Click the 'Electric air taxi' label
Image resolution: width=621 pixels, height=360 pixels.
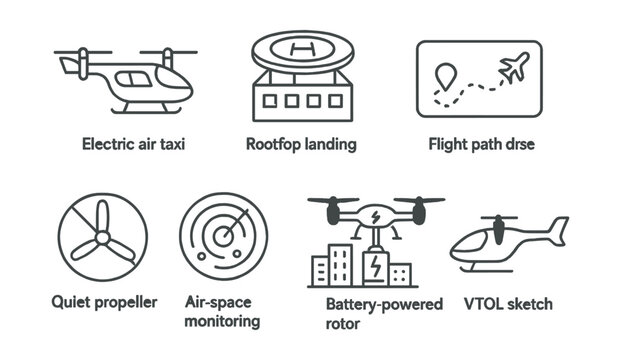click(x=134, y=144)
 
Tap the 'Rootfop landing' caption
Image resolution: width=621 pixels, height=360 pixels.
click(x=301, y=144)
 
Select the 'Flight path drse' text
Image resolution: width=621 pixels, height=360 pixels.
click(x=481, y=144)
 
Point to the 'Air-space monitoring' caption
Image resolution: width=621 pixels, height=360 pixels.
click(x=223, y=311)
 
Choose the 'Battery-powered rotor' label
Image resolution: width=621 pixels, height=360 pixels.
click(x=384, y=313)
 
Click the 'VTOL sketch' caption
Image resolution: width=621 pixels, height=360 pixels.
click(x=508, y=303)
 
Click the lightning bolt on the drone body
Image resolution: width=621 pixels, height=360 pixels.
click(x=375, y=215)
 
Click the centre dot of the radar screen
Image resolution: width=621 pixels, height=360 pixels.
click(x=225, y=240)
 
